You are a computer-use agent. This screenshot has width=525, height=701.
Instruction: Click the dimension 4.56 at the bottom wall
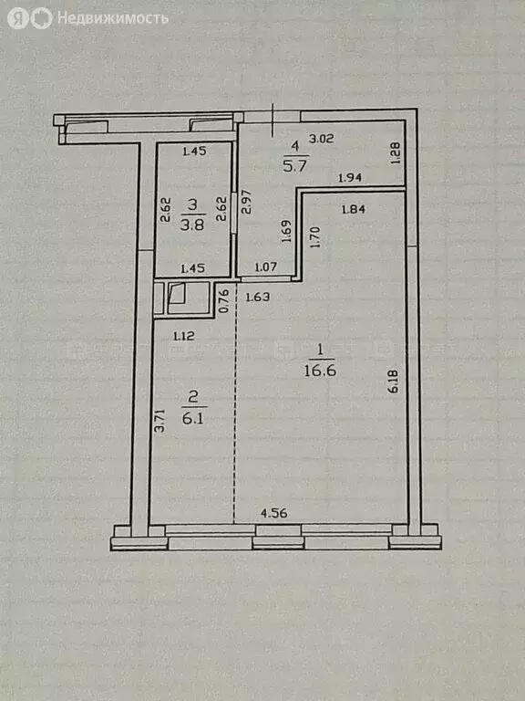274,513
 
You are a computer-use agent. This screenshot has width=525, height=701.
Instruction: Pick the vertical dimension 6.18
394,382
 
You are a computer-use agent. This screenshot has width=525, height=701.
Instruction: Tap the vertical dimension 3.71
159,421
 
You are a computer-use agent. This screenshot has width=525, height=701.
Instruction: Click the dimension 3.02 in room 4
320,140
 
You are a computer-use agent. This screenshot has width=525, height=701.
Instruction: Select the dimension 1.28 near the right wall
395,152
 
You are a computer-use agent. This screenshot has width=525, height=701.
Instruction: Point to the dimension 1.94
351,178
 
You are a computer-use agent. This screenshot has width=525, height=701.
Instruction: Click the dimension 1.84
353,210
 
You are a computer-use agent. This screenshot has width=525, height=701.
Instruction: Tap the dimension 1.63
258,297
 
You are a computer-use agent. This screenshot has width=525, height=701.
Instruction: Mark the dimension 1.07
265,267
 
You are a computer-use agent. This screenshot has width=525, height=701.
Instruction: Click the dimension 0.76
223,300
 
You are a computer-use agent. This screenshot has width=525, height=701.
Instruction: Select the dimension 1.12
185,336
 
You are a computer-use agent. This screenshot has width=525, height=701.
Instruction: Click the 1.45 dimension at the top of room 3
194,152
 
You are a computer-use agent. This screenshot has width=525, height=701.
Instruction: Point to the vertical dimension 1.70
314,238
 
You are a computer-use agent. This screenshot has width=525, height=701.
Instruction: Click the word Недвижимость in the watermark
112,18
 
